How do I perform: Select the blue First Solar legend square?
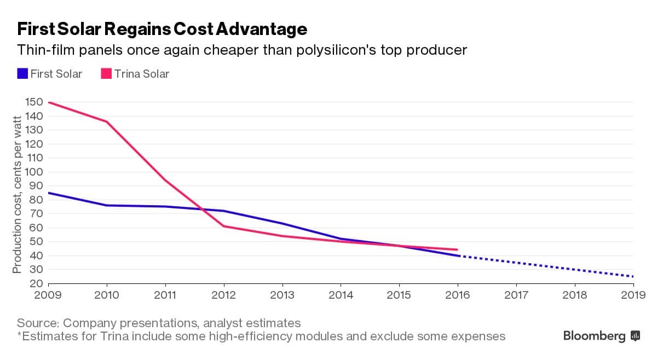tap(22, 73)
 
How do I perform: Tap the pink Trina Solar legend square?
tap(106, 73)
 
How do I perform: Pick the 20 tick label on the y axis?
tap(36, 283)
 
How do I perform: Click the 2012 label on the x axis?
tap(223, 295)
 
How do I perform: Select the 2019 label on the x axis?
tap(632, 295)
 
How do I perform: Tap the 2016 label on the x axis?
tap(457, 295)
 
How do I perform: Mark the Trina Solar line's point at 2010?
tap(107, 121)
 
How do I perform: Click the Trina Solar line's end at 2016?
tap(457, 249)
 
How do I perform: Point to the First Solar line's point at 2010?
tap(107, 205)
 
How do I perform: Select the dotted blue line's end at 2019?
tap(632, 276)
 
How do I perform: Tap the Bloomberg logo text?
tap(594, 336)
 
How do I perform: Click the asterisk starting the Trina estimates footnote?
tap(19, 335)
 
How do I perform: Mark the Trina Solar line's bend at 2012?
tap(223, 226)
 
